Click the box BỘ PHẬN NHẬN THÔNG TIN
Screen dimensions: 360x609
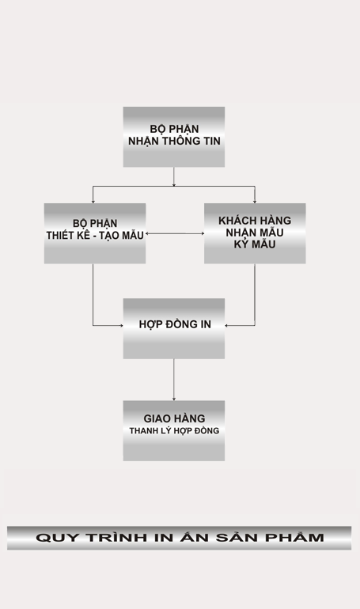click(x=174, y=137)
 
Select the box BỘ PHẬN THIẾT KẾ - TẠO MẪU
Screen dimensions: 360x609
click(x=95, y=233)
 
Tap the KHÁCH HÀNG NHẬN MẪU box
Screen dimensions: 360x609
click(x=255, y=233)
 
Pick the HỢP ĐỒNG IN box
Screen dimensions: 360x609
click(x=174, y=328)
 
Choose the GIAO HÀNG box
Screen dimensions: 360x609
click(x=174, y=431)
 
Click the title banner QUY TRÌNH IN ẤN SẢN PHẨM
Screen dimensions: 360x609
click(x=179, y=538)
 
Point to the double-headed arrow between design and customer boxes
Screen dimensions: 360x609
click(x=175, y=233)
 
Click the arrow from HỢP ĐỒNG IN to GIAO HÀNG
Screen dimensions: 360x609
click(x=173, y=380)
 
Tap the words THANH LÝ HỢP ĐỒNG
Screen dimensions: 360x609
click(x=174, y=431)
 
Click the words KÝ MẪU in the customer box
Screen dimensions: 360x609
click(x=255, y=244)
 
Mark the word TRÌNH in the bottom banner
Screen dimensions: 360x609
click(x=116, y=537)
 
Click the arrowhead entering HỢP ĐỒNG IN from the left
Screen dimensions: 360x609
click(x=121, y=326)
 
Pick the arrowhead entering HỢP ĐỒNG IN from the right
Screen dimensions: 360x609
click(x=227, y=326)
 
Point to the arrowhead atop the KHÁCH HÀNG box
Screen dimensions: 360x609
click(x=255, y=201)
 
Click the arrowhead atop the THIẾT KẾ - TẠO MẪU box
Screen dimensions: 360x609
click(x=93, y=201)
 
